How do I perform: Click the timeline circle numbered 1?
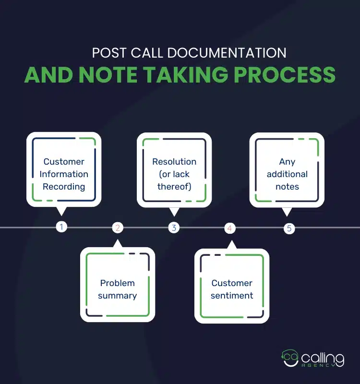61,227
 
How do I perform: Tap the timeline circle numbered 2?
118,228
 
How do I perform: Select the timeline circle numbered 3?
174,228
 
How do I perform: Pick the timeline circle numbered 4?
230,228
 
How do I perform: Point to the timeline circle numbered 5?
289,228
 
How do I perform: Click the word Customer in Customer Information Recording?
64,162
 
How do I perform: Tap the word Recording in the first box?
64,187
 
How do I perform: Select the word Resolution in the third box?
174,162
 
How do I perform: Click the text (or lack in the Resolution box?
174,174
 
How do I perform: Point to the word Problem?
117,283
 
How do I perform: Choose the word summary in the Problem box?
117,296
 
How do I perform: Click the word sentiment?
232,296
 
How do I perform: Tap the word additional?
287,174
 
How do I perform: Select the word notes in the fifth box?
287,187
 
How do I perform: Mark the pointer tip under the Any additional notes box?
287,215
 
